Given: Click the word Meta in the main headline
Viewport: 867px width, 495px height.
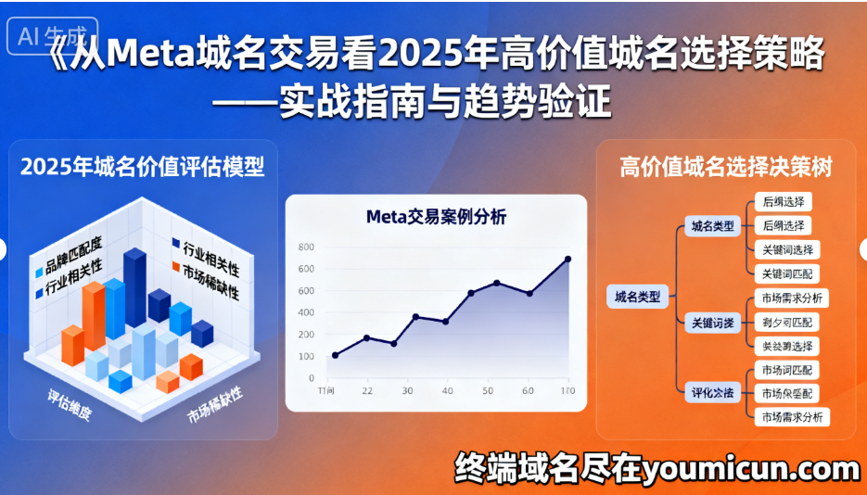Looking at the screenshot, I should [149, 56].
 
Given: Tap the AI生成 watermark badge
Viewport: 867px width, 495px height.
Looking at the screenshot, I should [52, 37].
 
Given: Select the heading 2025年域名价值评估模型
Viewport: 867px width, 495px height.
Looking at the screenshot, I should [142, 168].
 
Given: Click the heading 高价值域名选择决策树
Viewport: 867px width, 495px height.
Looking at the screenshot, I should [725, 168].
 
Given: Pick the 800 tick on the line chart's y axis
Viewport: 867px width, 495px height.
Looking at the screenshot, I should [306, 247].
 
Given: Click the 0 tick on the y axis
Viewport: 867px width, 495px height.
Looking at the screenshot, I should [311, 378].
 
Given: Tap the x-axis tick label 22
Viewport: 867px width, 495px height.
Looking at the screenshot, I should [367, 391].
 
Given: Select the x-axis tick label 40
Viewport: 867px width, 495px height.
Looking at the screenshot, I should [448, 391].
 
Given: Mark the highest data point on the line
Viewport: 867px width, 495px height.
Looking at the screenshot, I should [567, 260].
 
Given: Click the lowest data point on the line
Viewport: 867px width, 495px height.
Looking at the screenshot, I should [335, 355].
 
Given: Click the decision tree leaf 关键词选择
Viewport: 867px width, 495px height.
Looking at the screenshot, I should [787, 249].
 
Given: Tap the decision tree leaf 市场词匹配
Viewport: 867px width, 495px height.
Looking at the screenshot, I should [787, 370].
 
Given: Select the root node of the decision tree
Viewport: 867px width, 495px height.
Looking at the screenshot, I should [638, 297].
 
